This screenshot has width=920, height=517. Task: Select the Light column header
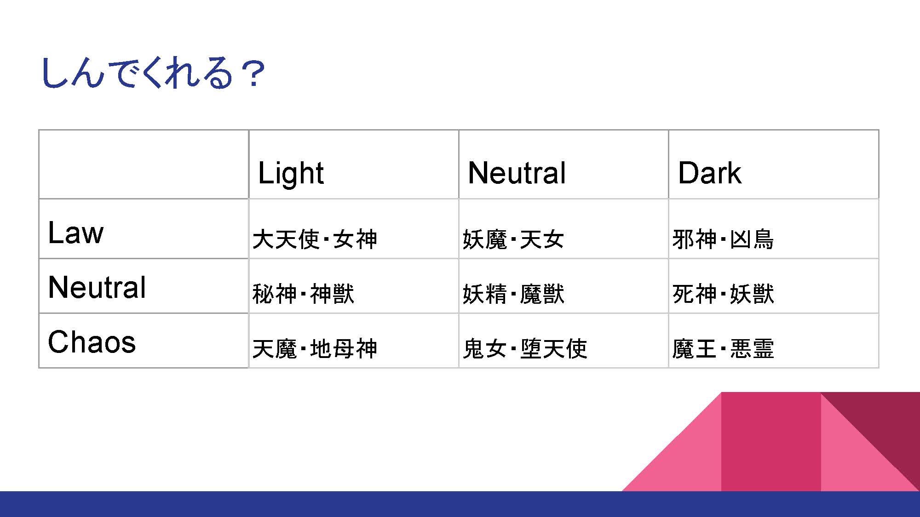coord(291,173)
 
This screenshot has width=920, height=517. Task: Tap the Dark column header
coord(710,173)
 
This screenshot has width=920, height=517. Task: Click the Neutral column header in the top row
coord(517,173)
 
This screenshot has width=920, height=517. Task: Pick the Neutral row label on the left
coord(97,287)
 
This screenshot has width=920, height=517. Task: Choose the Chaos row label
coord(92,342)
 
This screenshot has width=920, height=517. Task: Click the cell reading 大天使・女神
coord(315,239)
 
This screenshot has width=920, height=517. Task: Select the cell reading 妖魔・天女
coord(513,239)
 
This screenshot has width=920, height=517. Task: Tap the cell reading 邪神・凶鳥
coord(723,239)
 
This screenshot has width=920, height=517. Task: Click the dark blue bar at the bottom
coord(460,504)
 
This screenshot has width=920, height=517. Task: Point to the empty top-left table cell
coord(144,164)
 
